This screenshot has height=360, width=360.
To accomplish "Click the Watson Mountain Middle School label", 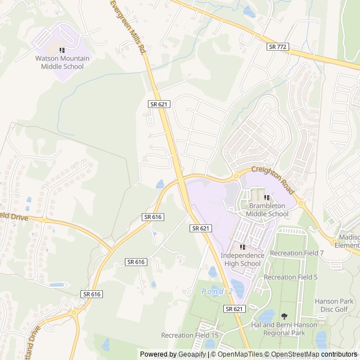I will coord(62,62).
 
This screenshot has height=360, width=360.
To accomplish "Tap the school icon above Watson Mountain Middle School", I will coord(62,51).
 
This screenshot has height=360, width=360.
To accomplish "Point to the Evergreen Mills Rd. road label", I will coord(129,26).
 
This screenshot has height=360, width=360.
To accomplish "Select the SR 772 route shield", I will coord(278,47).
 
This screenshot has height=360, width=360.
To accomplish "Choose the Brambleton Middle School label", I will coord(268,210).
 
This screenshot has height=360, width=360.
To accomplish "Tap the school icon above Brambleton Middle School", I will coord(267,197).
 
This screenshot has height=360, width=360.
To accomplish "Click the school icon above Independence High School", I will coord(242,247).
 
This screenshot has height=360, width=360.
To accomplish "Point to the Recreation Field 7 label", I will coord(297,253).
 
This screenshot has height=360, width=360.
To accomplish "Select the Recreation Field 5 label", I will coord(291,277).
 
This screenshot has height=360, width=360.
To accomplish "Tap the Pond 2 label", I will coord(217,291).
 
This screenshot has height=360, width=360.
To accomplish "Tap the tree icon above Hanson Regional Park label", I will coord(284,316).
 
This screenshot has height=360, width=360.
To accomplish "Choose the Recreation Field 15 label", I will coord(190,335).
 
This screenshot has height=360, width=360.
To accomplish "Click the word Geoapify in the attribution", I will coord(192,354).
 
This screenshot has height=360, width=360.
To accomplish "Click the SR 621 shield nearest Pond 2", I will coord(234,309).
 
